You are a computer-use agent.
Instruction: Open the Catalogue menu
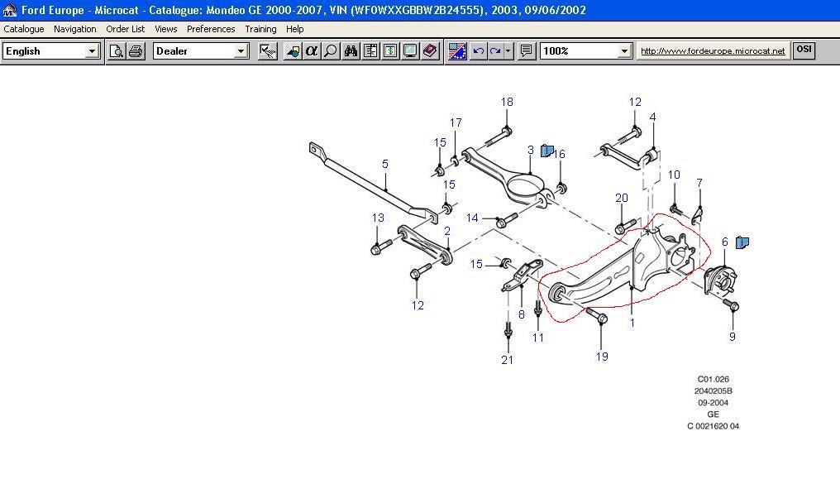coord(24,29)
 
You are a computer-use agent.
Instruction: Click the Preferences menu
coord(211,29)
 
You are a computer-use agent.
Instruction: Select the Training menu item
coord(260,29)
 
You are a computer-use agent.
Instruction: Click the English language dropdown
coord(51,51)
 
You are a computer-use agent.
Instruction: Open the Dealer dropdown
coord(201,51)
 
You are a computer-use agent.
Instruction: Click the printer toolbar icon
coord(136,51)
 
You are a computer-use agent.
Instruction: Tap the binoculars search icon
coord(351,51)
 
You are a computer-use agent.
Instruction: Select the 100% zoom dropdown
coord(585,51)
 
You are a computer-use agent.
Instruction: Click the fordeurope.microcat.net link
coord(713,51)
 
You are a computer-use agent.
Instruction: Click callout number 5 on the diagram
coord(384,164)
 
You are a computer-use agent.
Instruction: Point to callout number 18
coord(507,102)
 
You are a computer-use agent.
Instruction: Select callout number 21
coord(508,360)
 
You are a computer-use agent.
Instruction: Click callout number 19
coord(602,357)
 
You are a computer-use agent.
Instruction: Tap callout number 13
coord(378,218)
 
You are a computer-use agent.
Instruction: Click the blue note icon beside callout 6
coord(742,242)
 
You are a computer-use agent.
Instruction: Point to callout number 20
coord(622,198)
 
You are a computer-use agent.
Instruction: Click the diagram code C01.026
coord(713,379)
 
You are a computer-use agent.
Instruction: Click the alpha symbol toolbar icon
coord(311,51)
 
